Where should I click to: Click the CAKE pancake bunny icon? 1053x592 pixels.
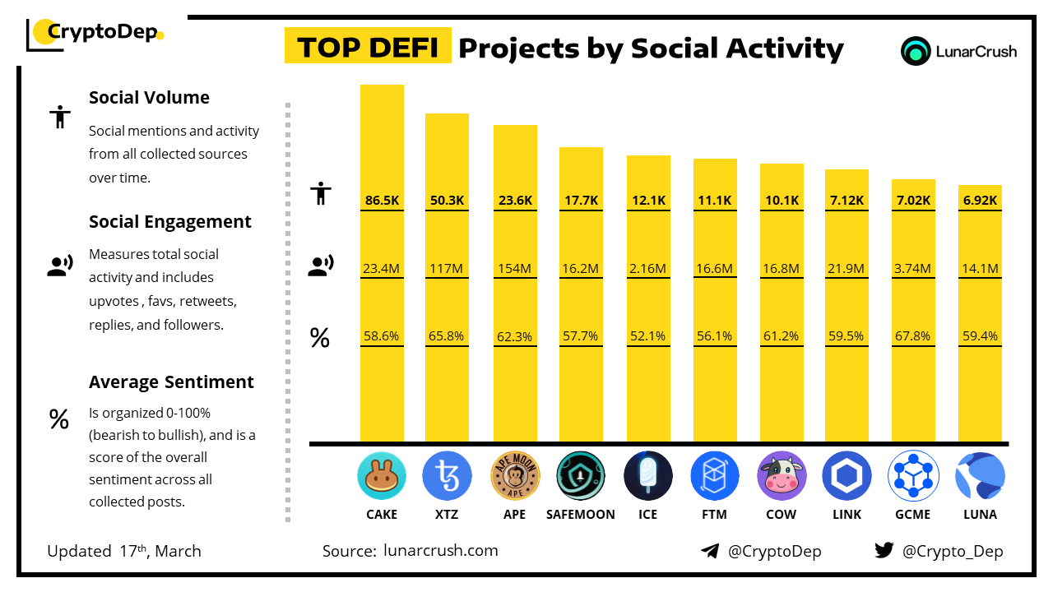point(382,476)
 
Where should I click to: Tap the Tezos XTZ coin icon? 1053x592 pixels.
point(447,476)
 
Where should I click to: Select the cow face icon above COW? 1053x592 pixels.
point(782,476)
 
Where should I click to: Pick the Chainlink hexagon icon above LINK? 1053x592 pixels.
point(847,476)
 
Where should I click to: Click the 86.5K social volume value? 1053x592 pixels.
point(382,200)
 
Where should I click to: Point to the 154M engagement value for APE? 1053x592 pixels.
point(515,268)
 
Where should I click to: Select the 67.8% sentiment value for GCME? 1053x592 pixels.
point(913,335)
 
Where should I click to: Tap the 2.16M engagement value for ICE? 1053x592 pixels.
point(648,268)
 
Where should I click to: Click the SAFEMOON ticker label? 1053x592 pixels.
point(581,515)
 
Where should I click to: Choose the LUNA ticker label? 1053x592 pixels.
point(980,515)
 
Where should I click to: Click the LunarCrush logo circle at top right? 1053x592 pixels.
point(916,51)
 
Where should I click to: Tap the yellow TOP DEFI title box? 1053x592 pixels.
point(367,47)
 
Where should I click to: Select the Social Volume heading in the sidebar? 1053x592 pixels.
point(149,98)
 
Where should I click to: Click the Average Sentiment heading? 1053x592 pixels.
point(171,382)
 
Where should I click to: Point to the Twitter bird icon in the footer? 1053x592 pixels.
point(884,551)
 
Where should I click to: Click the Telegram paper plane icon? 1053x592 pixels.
point(710,551)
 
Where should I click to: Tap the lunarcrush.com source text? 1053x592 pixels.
point(440,551)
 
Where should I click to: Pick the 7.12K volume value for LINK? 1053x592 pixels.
point(847,200)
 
